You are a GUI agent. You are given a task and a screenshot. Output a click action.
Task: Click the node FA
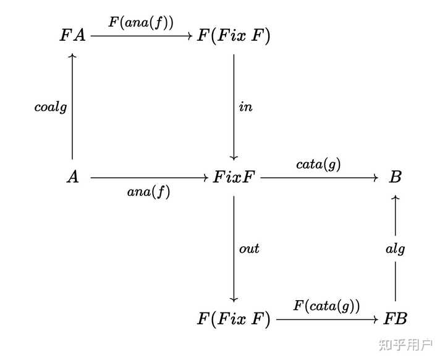click(x=74, y=36)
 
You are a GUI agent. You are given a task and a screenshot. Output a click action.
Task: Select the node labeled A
click(x=73, y=178)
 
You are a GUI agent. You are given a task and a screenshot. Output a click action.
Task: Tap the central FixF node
click(x=234, y=178)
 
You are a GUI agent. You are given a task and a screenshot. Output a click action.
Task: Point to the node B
click(x=396, y=178)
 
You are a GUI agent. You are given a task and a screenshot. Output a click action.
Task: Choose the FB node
click(x=396, y=319)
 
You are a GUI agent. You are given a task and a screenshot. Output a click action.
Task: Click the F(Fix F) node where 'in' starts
click(x=234, y=36)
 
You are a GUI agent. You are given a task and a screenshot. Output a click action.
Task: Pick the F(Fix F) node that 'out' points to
click(x=234, y=319)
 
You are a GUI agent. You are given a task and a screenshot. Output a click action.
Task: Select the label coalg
click(x=51, y=107)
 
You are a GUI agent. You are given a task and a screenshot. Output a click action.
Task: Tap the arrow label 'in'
click(x=246, y=107)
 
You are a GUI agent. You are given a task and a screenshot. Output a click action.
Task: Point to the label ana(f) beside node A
click(x=148, y=192)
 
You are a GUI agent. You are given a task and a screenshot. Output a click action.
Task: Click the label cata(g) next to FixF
click(x=318, y=164)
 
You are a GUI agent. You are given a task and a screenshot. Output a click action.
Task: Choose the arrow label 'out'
click(x=249, y=249)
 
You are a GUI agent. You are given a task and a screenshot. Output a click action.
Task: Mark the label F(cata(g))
click(x=326, y=306)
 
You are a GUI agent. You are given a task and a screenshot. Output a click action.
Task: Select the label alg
click(x=396, y=249)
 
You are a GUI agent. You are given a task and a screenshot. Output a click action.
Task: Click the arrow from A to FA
click(x=73, y=123)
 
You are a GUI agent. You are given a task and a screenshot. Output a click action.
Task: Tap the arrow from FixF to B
click(x=318, y=178)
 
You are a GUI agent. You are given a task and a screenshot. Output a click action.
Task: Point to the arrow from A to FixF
click(x=148, y=178)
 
